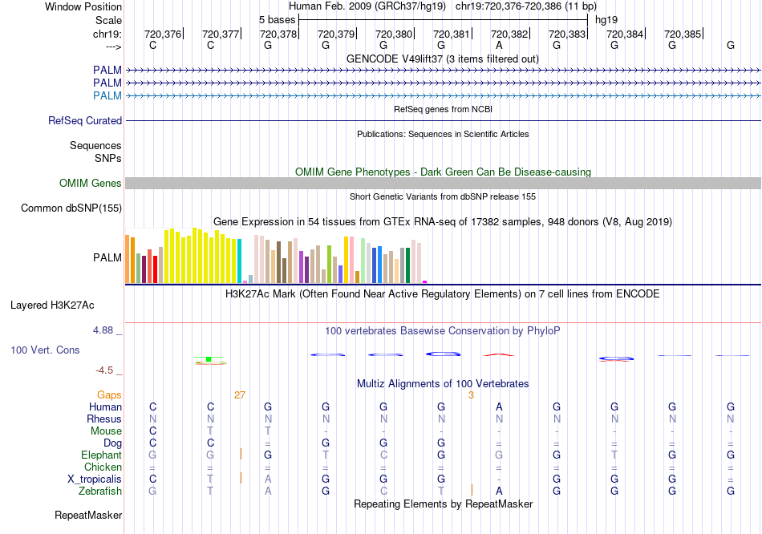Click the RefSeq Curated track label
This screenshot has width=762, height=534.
(85, 121)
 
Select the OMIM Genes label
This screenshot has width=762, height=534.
(91, 184)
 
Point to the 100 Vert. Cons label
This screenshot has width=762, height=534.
(45, 350)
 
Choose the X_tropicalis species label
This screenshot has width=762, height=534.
(95, 479)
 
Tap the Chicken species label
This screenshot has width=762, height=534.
(103, 467)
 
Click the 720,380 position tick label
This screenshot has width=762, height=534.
(393, 34)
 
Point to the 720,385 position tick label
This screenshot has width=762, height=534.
(682, 34)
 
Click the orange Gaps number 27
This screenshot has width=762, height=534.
(240, 395)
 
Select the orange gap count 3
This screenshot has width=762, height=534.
(472, 395)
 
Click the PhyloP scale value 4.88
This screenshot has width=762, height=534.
(106, 330)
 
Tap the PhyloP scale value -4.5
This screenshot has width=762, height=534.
(106, 370)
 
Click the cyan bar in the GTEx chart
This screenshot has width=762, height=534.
(240, 261)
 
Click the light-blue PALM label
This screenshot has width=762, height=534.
(107, 96)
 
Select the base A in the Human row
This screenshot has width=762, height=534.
(499, 407)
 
